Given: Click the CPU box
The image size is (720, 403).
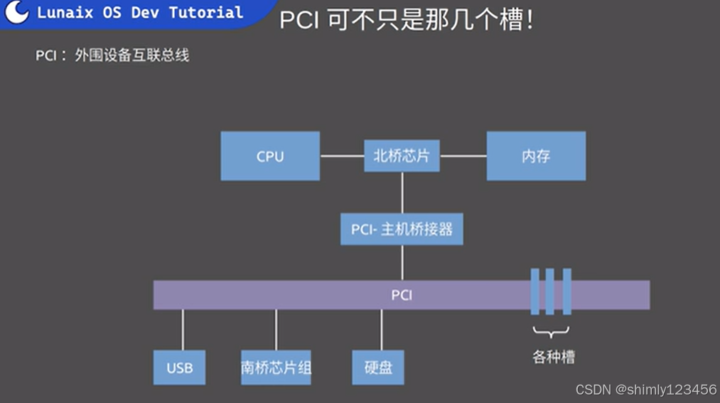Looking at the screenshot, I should pos(270,156).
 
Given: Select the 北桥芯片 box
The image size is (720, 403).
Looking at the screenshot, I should pos(402,156).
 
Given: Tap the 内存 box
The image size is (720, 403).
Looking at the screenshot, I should pos(536,156).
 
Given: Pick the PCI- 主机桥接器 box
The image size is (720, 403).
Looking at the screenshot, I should pos(402,230).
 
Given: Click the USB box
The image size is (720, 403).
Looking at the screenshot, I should pos(180,367).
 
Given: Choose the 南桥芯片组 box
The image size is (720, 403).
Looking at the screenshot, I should pos(276,367).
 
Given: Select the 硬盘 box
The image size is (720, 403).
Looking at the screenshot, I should pos(378,367).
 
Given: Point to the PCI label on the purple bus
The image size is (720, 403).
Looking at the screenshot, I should pos(402,295).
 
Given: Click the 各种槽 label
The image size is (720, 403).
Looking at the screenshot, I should pos(553,357).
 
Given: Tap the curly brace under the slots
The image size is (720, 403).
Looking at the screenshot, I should pos(551,331).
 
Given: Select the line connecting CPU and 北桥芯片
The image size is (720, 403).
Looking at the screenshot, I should pos(342,156).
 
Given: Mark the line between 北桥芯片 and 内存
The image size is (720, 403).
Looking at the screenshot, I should pos(463,156).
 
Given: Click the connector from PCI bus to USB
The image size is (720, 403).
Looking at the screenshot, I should pos(183,330).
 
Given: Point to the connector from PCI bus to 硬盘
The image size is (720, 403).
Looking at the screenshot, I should pos(382,330).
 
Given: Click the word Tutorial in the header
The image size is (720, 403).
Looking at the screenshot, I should pos(206,13).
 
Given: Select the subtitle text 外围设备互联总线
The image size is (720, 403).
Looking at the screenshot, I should pos(132,55).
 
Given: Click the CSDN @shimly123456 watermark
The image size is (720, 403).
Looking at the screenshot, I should pos(645,389).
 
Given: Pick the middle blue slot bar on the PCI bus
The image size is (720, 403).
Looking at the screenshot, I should pos(550,291).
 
